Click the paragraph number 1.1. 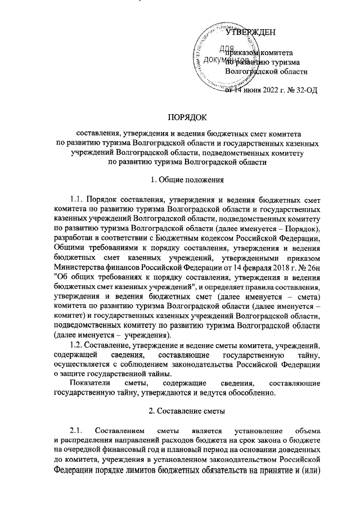pos(77,199)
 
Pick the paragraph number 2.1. pos(76,431)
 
